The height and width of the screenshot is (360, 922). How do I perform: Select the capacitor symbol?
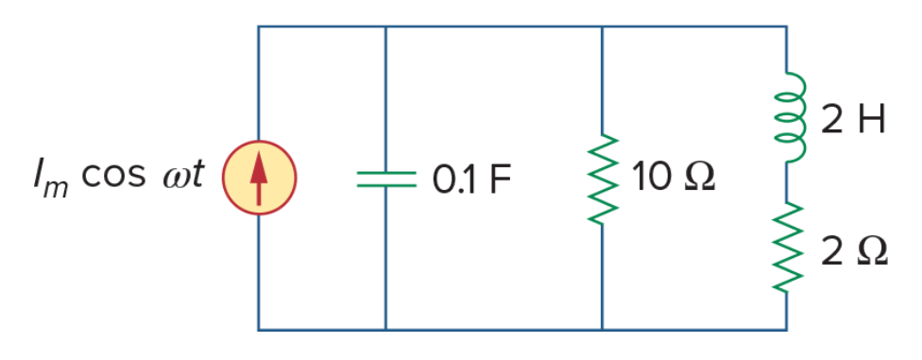point(385,179)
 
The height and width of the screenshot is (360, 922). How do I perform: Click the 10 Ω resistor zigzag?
point(603,180)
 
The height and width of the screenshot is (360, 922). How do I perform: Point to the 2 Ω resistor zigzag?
point(787,247)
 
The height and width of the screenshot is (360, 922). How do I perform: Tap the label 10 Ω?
point(674,177)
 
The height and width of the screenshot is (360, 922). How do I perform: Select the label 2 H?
point(853,121)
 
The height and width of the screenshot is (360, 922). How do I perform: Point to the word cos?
point(113,177)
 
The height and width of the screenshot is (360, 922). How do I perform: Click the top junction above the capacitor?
point(385,26)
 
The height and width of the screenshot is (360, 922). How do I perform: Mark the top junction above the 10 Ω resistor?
point(603,26)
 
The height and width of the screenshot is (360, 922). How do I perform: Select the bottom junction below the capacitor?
point(385,330)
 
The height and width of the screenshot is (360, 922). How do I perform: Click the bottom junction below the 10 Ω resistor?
point(603,330)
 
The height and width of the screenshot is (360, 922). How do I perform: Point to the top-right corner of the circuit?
point(787,26)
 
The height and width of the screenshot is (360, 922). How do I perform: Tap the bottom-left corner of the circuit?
point(259,330)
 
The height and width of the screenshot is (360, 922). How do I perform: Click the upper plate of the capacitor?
point(385,172)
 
